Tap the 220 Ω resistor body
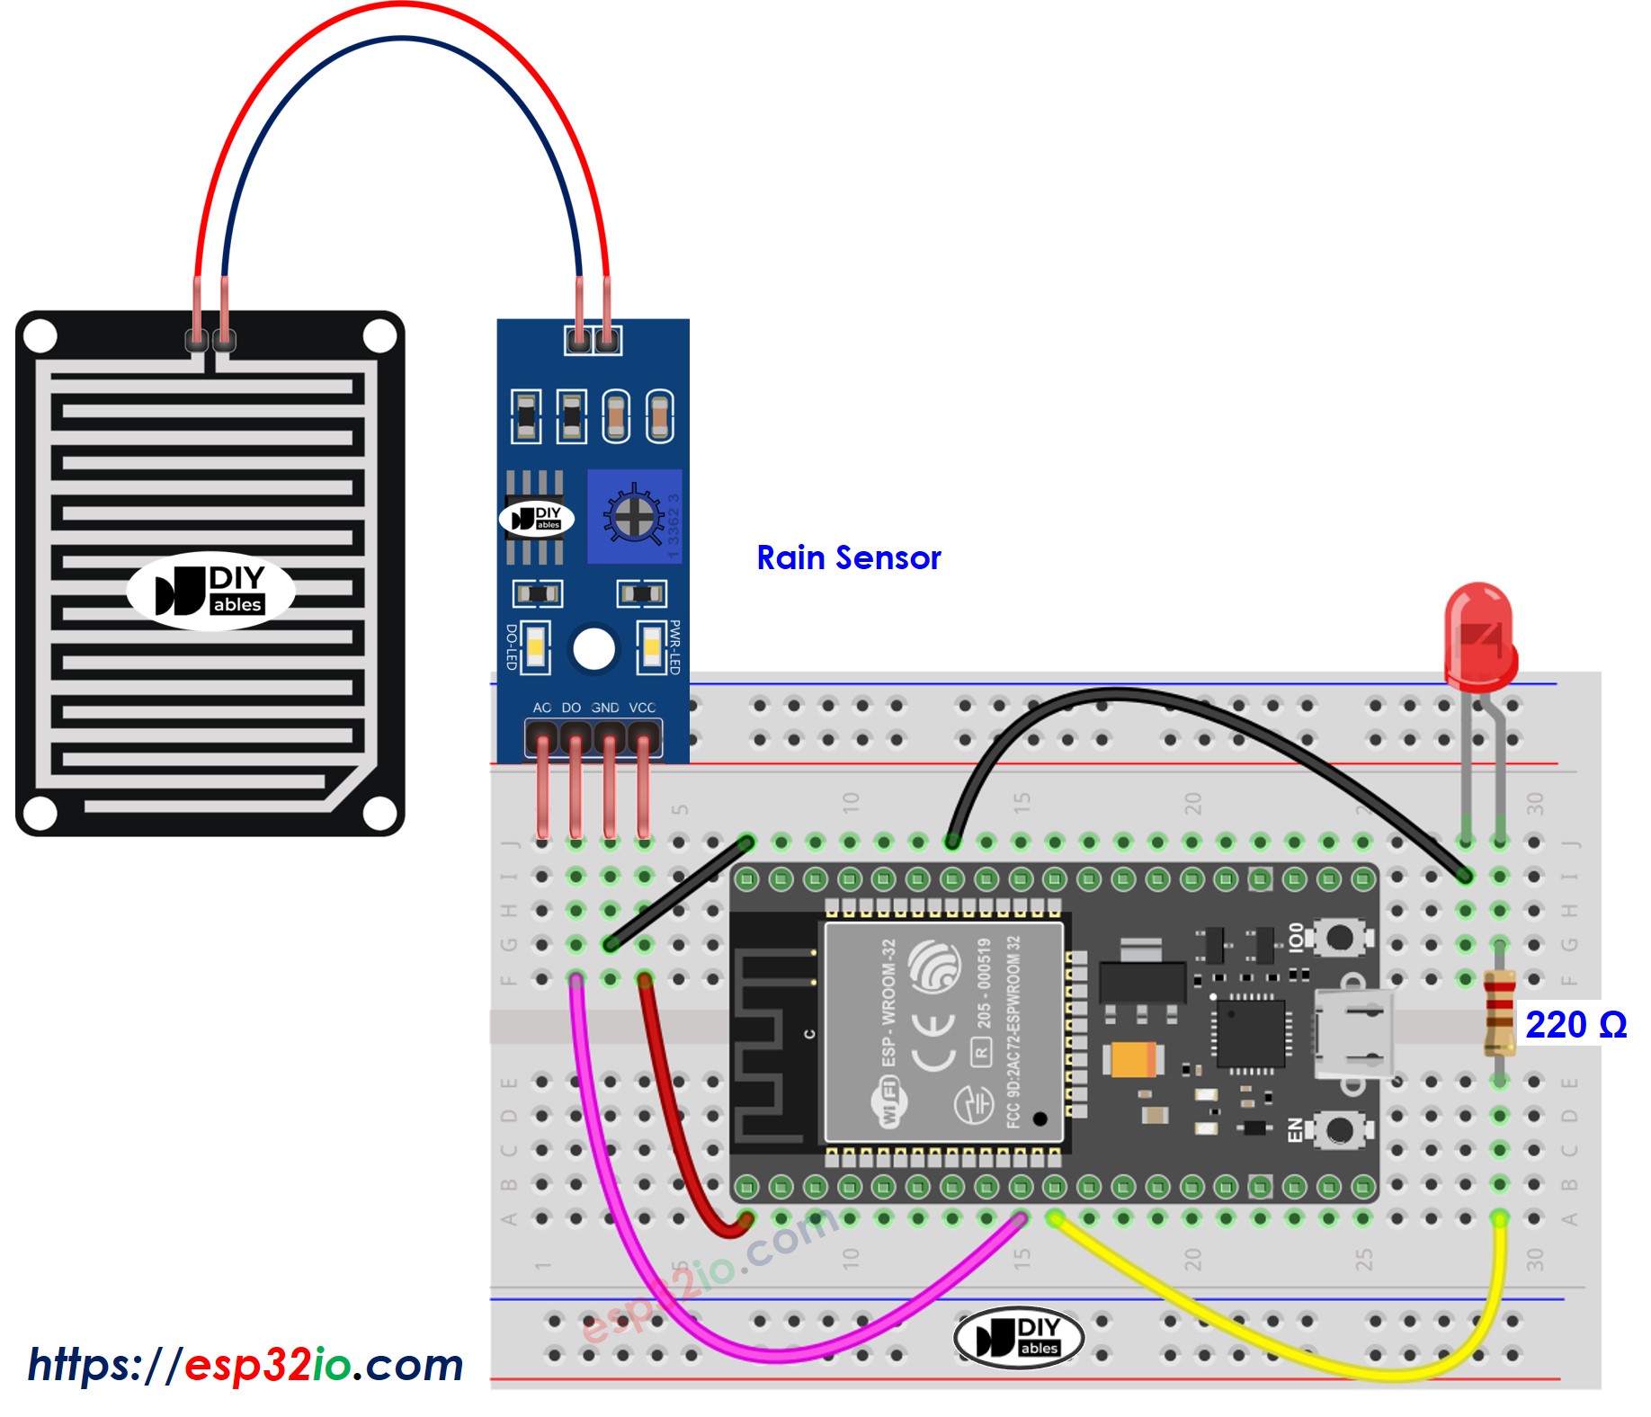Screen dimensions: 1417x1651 point(1499,1012)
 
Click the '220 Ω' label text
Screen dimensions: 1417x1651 point(1575,1025)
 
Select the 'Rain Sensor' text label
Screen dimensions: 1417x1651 point(848,557)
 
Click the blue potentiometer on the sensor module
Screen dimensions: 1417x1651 point(634,516)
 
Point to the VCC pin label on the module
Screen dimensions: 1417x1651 point(642,708)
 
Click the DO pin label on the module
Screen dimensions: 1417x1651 point(571,708)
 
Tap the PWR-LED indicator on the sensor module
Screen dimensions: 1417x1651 point(651,646)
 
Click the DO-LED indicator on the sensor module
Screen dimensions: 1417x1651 point(536,646)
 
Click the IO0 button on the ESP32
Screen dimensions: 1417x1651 point(1338,938)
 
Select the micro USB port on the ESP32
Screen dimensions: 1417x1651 point(1352,1034)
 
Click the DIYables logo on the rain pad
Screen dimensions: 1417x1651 point(210,591)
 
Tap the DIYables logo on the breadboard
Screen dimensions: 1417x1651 point(1018,1337)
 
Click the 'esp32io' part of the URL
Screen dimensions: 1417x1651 point(267,1365)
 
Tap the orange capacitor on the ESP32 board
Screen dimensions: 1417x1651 point(1133,1059)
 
